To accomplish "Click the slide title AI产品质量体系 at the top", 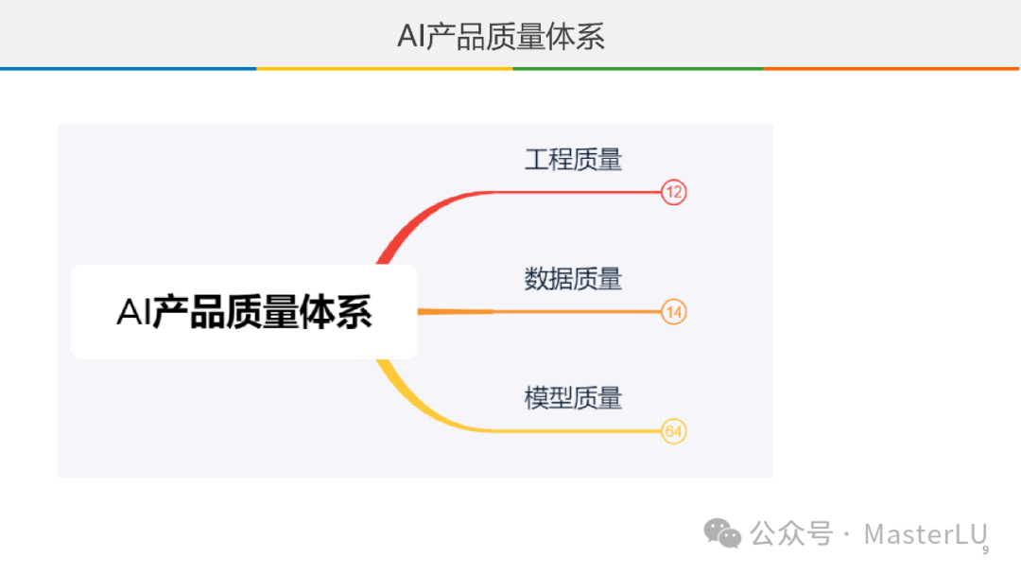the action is point(500,36).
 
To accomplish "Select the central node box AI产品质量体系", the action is point(244,311).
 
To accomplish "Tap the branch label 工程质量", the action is point(573,159).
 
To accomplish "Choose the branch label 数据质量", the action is point(573,278).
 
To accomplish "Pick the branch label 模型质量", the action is point(573,397).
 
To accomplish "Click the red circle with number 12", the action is point(673,192).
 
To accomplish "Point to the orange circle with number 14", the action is point(673,311).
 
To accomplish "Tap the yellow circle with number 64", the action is point(673,431).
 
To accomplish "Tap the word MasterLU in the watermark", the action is point(925,533).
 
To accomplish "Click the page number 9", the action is point(985,550).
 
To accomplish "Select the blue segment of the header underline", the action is point(128,68).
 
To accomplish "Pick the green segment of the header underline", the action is point(638,68).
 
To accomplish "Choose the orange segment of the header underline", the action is point(891,68).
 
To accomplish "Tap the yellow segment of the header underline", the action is point(384,68).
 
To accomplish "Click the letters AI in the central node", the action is point(133,312).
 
